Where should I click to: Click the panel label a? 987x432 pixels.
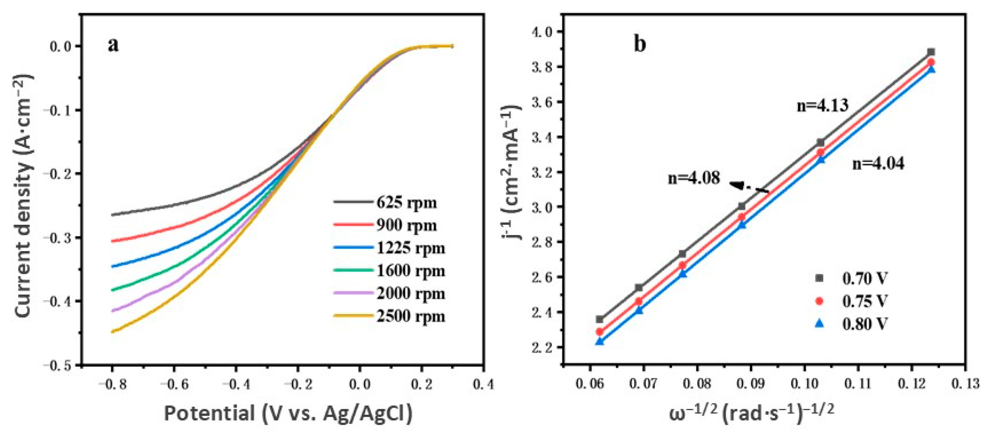click(114, 45)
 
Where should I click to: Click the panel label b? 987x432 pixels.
click(640, 44)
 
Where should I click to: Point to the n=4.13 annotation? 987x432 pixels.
click(823, 105)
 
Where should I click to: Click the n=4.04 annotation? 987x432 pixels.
click(878, 164)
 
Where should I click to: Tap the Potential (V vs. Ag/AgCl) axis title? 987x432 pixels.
click(288, 413)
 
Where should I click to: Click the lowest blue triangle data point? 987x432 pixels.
click(600, 341)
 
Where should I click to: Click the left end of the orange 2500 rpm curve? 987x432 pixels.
click(113, 332)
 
